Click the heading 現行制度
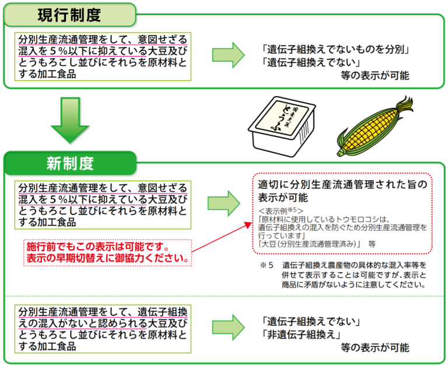click(69, 15)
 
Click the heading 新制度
click(70, 163)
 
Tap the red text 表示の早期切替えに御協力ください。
click(107, 257)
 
